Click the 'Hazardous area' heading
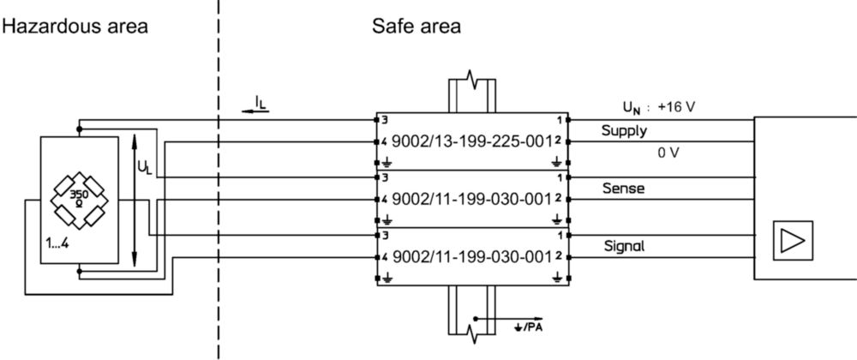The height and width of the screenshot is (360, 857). click(75, 26)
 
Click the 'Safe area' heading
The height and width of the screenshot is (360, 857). click(417, 26)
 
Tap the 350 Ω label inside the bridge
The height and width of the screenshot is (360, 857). click(78, 197)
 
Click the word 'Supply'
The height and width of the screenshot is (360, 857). click(624, 131)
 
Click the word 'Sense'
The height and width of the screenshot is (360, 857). click(623, 189)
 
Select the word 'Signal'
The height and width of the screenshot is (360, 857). click(624, 246)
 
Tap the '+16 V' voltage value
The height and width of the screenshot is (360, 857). click(677, 107)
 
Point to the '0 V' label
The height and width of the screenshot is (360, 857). click(668, 153)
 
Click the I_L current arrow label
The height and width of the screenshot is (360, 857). click(261, 103)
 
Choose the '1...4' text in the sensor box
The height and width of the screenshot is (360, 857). click(57, 244)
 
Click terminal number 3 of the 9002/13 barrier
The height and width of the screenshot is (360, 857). click(384, 120)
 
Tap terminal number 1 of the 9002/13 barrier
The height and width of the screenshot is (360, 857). click(559, 120)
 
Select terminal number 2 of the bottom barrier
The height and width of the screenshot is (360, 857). click(558, 255)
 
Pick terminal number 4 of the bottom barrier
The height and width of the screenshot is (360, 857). click(385, 257)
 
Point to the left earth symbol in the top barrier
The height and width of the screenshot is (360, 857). click(387, 161)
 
